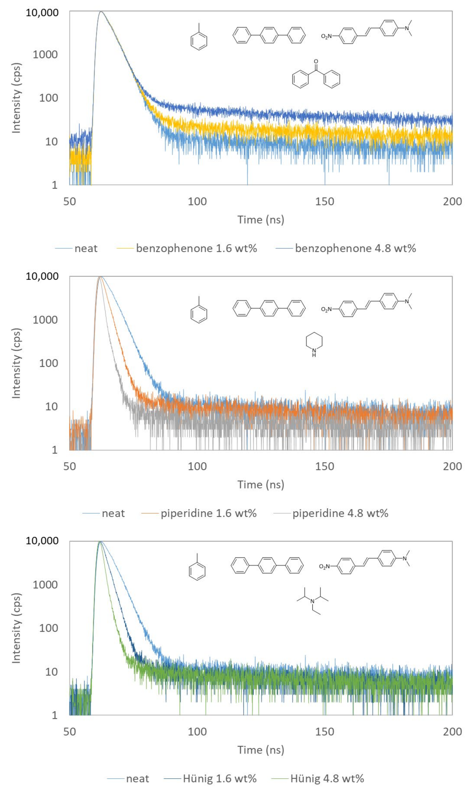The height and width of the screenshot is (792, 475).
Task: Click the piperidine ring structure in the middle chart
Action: click(314, 344)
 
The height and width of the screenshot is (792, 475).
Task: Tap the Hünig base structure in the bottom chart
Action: click(313, 601)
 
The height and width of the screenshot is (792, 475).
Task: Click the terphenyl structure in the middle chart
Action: click(269, 308)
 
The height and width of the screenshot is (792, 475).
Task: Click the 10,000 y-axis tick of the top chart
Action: click(42, 13)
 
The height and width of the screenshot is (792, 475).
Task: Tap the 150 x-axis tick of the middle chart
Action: click(325, 466)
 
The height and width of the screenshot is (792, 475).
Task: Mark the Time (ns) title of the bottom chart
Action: click(260, 750)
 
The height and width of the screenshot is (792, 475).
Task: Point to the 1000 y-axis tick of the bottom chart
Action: click(45, 585)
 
